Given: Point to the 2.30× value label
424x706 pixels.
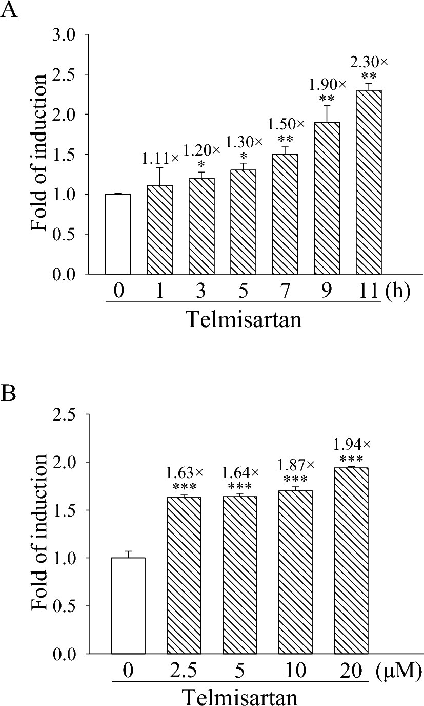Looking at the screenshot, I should [x=369, y=62].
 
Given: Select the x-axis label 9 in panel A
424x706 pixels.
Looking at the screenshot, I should [x=327, y=292].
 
